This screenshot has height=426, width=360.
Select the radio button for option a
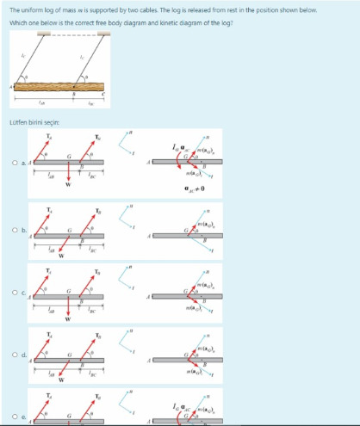[x=14, y=163]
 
